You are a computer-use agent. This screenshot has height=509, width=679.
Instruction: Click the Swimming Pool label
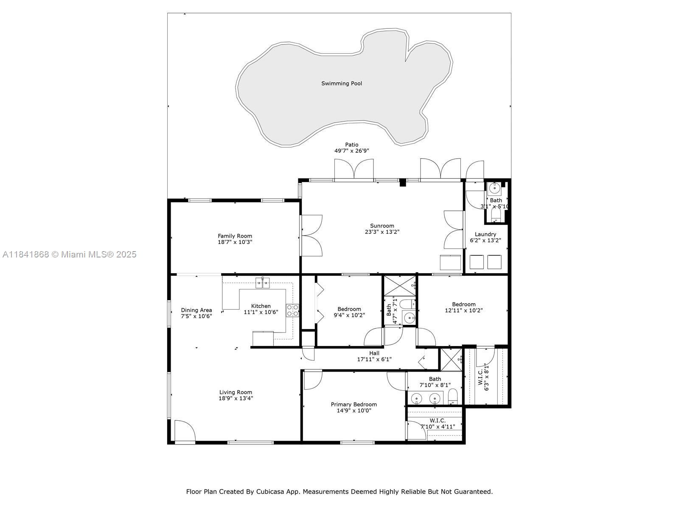point(342,84)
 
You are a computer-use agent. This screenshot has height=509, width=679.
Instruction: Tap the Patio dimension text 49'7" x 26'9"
point(352,151)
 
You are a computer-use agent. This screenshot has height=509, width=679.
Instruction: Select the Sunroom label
point(382,226)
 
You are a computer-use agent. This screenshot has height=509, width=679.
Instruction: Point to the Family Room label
point(235,236)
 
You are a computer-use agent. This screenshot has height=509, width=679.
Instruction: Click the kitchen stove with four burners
point(292,310)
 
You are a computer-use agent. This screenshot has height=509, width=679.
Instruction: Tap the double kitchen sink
point(262,283)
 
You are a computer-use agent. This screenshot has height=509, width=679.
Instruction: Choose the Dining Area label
point(196,310)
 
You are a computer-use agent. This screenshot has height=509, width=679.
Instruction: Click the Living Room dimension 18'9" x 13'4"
point(236,398)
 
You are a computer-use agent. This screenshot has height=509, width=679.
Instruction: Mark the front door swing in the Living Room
point(185,431)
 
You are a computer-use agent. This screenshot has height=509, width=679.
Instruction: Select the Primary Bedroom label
point(354,405)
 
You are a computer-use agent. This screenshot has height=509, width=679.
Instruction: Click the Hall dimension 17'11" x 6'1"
point(374,359)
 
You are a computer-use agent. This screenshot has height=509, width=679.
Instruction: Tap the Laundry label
point(485,235)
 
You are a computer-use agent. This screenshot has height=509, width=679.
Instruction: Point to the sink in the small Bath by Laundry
point(494,188)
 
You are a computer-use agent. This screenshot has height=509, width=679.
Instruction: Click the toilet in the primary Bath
point(453,397)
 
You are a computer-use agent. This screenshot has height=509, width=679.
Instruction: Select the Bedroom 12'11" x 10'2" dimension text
point(464,310)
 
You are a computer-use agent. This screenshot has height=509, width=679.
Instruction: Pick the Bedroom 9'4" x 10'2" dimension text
point(349,315)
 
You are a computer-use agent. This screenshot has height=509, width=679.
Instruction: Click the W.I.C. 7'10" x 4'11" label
point(438,424)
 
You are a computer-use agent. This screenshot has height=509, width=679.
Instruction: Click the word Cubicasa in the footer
point(270,492)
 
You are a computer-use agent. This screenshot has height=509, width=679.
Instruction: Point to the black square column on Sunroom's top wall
point(402,183)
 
